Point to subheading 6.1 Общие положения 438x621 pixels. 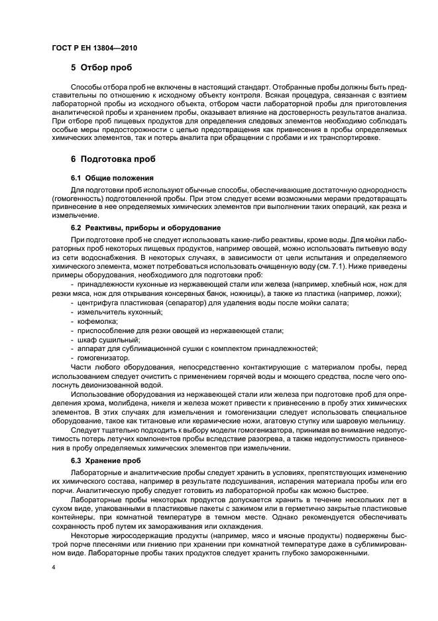click(112, 178)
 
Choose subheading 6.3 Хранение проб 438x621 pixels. click(105, 460)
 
